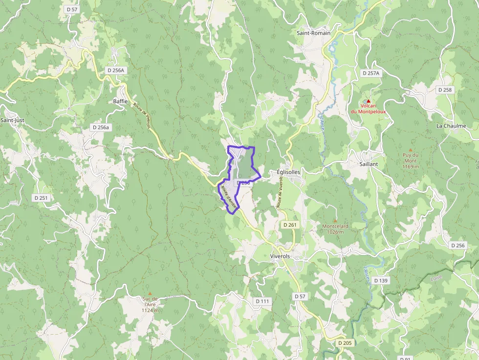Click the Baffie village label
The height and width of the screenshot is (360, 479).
coord(120,102)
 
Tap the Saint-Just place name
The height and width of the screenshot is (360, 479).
coord(12,120)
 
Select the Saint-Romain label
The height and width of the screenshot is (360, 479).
coord(313,33)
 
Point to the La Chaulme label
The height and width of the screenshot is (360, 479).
coord(451,126)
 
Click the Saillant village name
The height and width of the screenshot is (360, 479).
coord(369,164)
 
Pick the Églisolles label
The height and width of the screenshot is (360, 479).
coord(288,172)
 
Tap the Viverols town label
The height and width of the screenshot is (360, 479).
coord(280,256)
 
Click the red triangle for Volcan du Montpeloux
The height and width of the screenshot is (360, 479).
coord(369,101)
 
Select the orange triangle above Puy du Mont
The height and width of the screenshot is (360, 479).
coord(410,150)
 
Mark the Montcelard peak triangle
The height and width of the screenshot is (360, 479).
coord(335,221)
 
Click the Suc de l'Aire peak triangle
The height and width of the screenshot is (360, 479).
coord(150,294)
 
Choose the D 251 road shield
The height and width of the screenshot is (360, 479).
coord(42,198)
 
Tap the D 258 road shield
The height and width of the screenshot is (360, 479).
coord(445,90)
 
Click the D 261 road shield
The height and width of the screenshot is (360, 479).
coord(290,225)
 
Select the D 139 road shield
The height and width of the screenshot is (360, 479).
coord(381,280)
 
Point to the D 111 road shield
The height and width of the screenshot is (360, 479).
coord(262,301)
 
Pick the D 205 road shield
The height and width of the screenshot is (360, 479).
coord(345,343)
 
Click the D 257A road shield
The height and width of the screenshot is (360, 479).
coord(371,73)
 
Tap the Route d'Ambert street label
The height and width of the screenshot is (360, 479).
coord(228,197)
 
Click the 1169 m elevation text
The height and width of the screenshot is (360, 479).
coord(410,167)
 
